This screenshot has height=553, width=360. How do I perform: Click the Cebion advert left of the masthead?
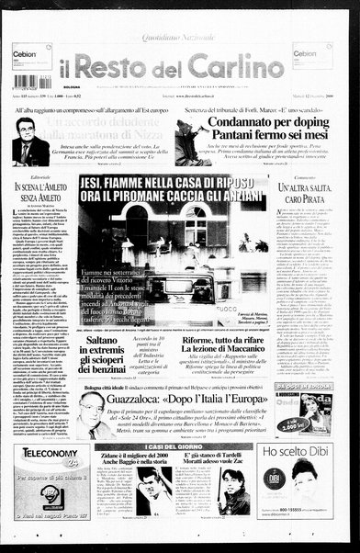coord(30,62)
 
